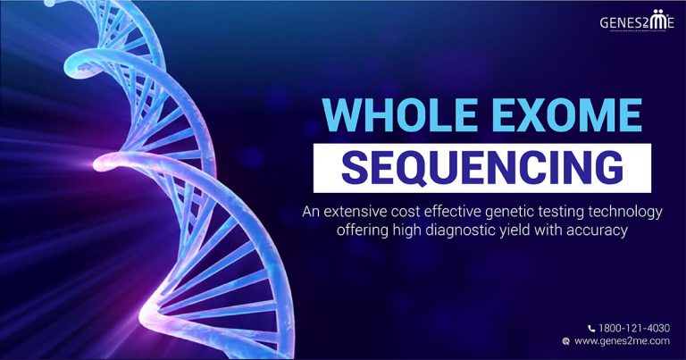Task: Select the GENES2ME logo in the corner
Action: click(x=637, y=21)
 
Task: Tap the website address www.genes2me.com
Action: click(x=623, y=341)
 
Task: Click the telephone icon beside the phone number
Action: click(x=591, y=328)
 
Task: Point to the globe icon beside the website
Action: click(x=565, y=341)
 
